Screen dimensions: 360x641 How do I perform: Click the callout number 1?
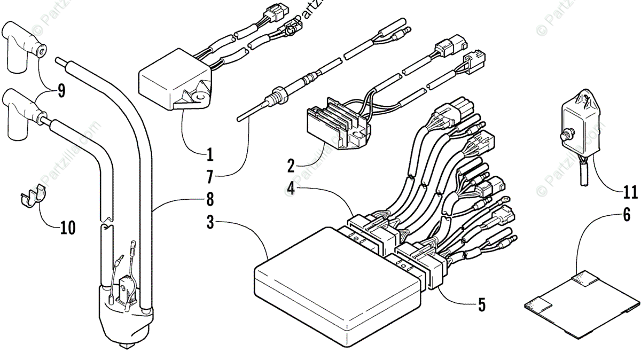point(210,155)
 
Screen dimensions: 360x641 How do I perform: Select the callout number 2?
point(291,166)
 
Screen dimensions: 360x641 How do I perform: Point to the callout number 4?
point(291,188)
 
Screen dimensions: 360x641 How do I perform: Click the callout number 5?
point(481,305)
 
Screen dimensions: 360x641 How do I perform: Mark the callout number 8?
point(210,200)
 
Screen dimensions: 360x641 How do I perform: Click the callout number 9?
point(61,91)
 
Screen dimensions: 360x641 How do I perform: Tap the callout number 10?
point(67,228)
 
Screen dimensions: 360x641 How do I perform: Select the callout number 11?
point(630,191)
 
